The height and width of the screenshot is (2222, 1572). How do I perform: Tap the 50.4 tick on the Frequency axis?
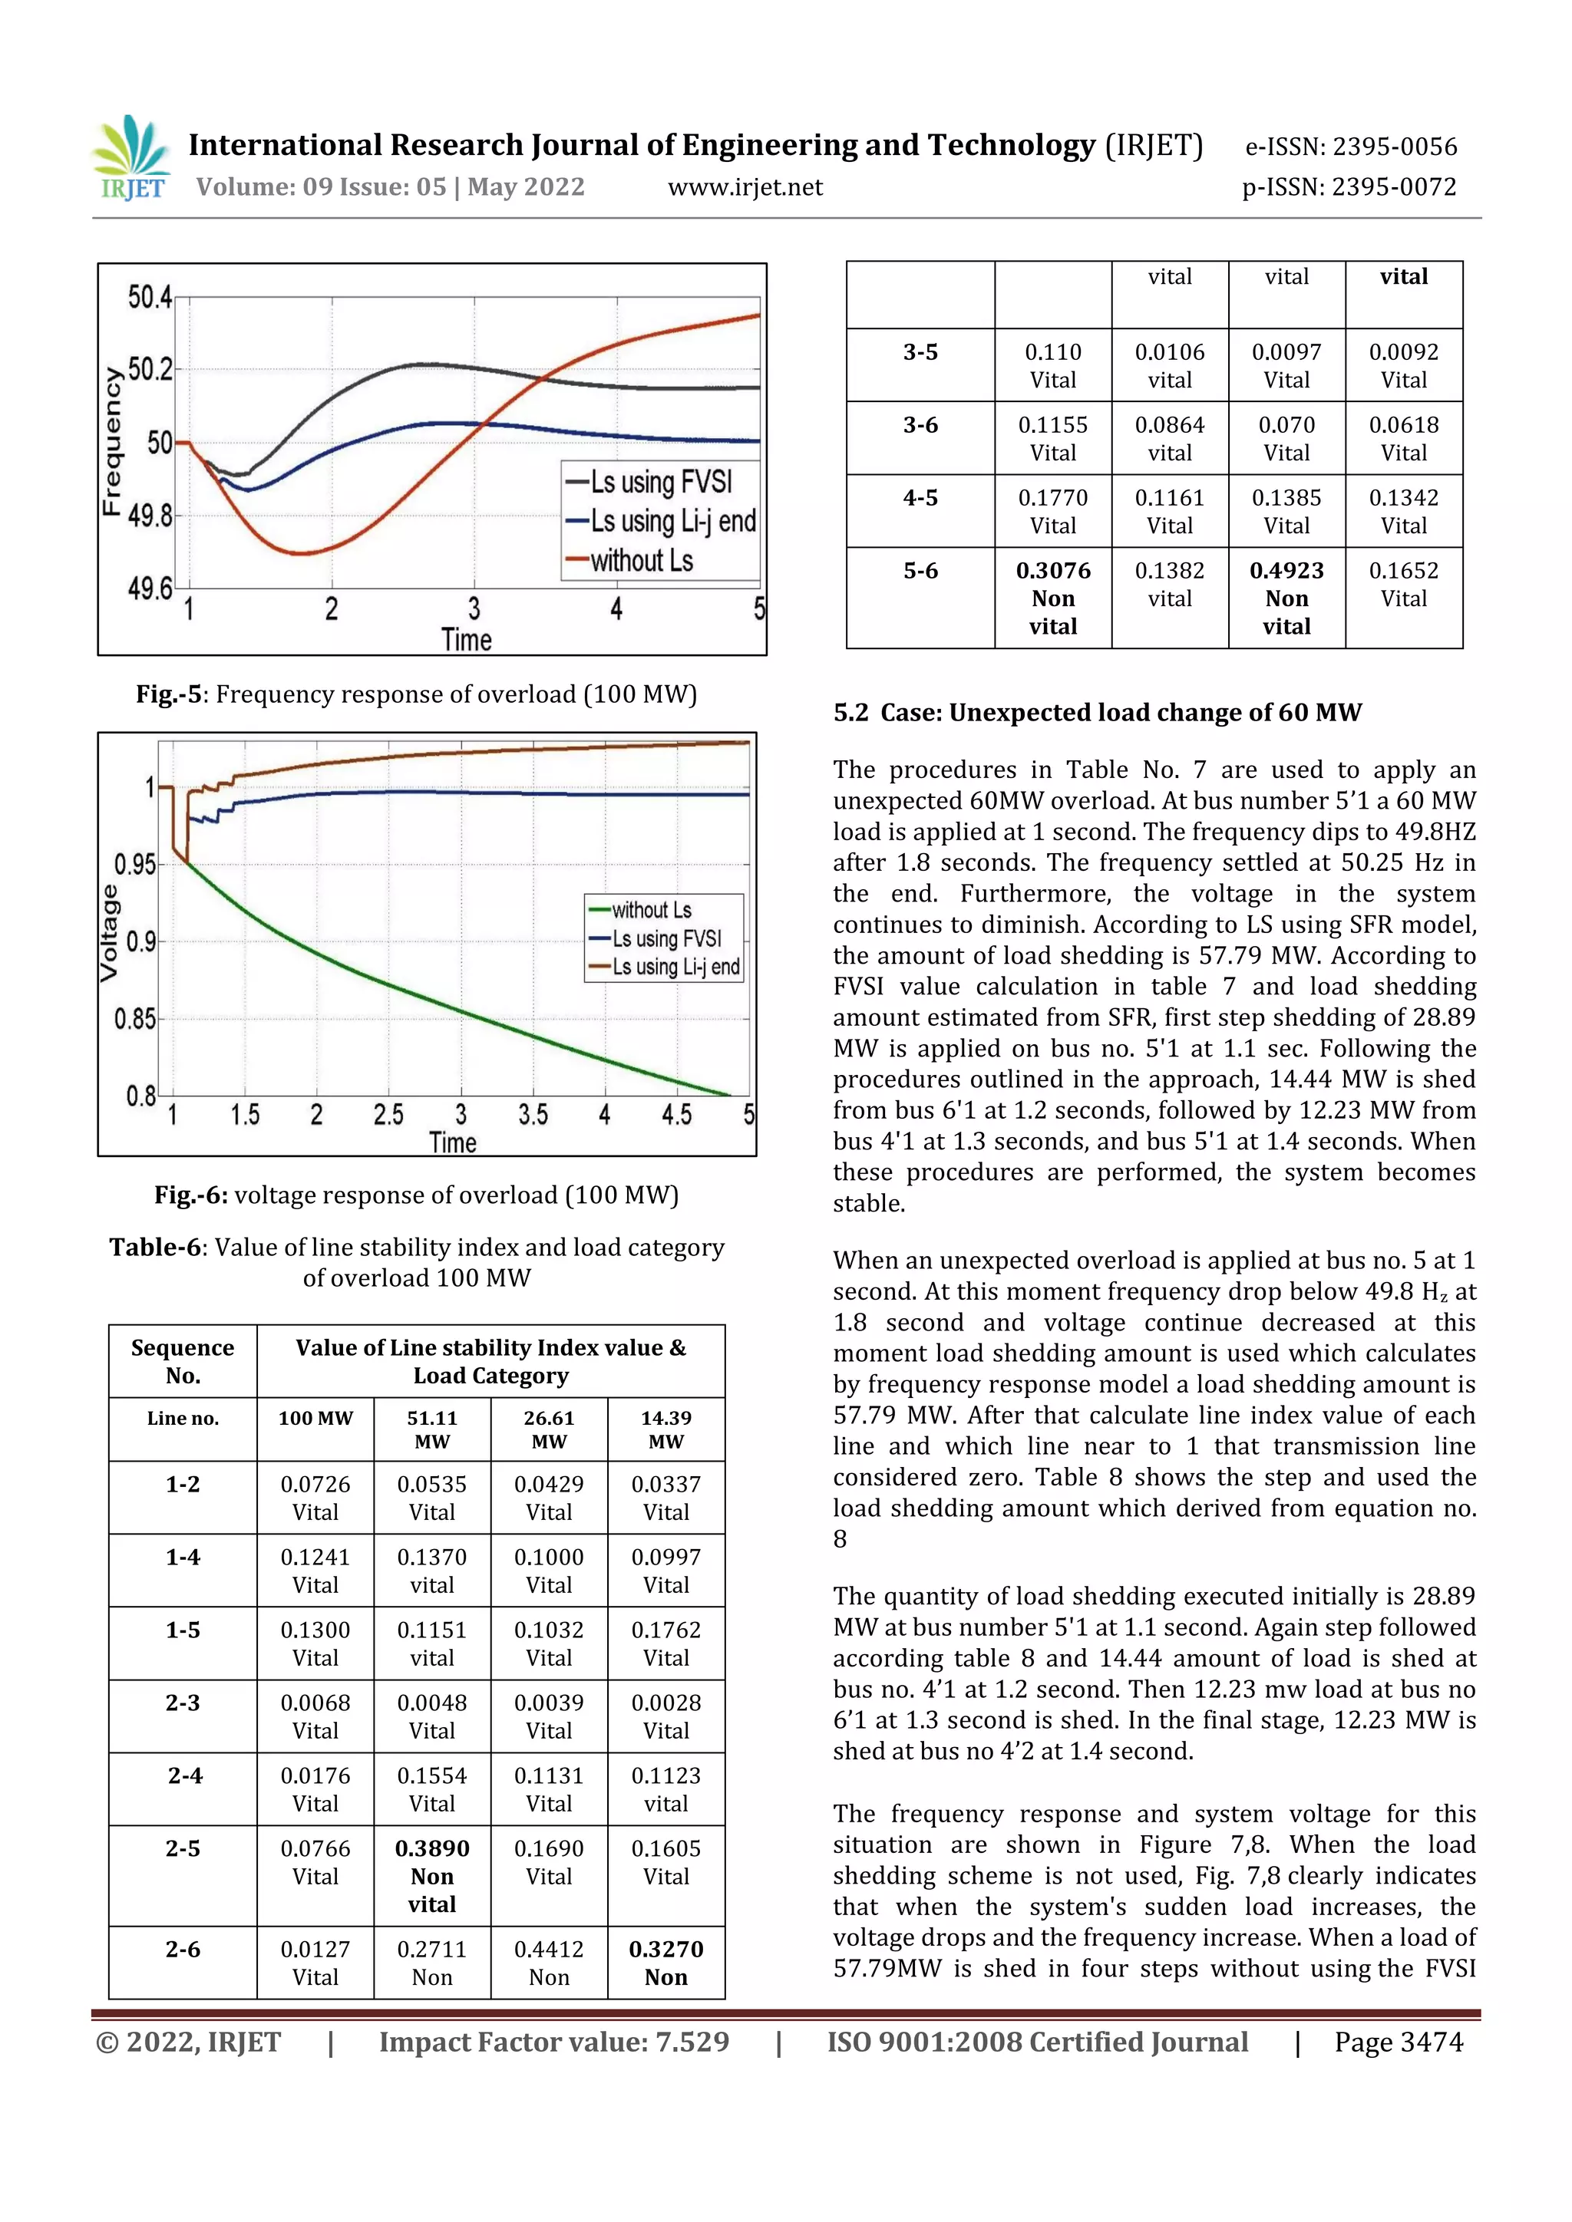[x=150, y=297]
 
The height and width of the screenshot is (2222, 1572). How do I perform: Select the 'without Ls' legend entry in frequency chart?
[x=641, y=560]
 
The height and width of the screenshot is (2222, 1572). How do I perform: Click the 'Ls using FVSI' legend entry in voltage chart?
[x=666, y=938]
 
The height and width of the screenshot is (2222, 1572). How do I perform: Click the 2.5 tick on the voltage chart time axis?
[x=388, y=1115]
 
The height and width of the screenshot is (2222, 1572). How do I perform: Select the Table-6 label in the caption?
[x=155, y=1247]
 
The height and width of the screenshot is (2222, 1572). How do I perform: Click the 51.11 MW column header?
[x=431, y=1429]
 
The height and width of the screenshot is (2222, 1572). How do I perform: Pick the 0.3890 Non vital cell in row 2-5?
[x=431, y=1875]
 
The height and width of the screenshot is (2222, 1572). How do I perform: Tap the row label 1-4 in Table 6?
[x=183, y=1557]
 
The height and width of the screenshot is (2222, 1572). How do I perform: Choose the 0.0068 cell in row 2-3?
[x=315, y=1715]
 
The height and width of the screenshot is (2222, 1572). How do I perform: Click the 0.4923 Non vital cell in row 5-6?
[x=1286, y=597]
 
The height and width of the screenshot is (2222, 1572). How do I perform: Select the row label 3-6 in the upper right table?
[x=920, y=425]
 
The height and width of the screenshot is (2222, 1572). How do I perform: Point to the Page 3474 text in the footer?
[x=1398, y=2041]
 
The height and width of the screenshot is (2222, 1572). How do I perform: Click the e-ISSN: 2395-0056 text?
[x=1350, y=147]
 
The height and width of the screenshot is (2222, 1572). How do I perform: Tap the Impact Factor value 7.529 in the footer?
[x=553, y=2041]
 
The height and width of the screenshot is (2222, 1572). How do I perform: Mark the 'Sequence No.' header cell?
[x=183, y=1360]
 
